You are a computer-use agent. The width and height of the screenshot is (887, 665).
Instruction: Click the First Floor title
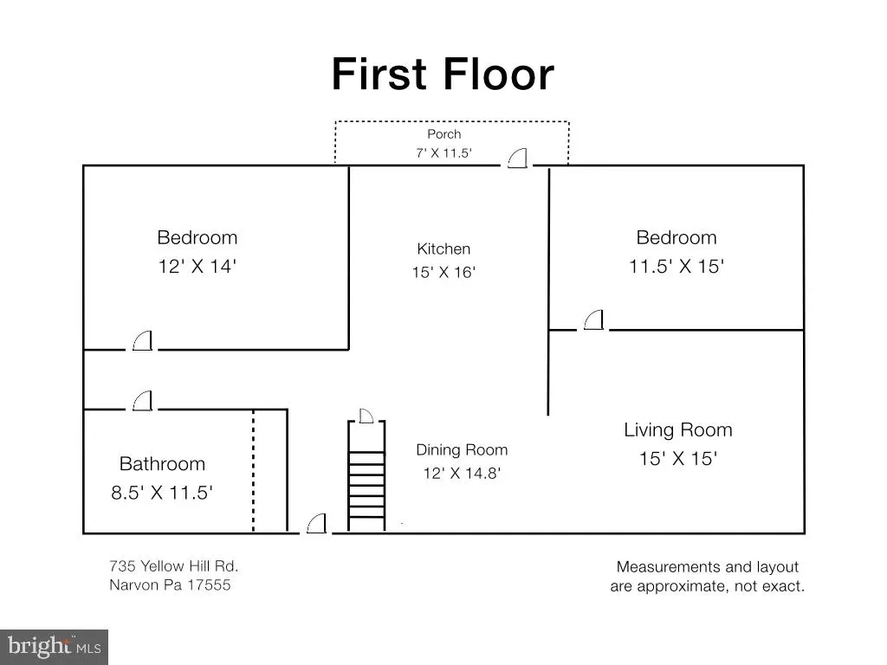[443, 74]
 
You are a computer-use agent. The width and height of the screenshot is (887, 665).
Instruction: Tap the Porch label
[444, 134]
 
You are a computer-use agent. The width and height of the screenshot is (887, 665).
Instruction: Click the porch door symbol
[517, 158]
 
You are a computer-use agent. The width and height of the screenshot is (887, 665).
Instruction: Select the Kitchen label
[443, 249]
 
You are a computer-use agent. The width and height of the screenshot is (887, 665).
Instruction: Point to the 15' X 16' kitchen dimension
[443, 273]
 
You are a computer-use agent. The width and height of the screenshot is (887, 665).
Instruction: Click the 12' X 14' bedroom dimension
[197, 267]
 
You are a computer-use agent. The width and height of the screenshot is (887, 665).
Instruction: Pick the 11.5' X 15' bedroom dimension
[677, 267]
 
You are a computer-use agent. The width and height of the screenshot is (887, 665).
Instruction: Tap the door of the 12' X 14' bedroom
[143, 341]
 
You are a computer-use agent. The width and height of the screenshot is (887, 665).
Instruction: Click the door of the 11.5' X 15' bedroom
[593, 320]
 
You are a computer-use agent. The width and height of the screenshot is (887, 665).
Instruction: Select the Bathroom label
[162, 464]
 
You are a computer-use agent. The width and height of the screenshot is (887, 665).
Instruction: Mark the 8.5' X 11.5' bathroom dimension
[162, 493]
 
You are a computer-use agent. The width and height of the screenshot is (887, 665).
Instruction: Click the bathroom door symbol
[143, 400]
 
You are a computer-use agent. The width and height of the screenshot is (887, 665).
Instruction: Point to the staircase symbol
[366, 475]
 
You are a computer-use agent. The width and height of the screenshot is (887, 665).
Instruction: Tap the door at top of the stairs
[366, 416]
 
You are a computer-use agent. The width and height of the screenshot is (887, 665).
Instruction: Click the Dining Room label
[462, 450]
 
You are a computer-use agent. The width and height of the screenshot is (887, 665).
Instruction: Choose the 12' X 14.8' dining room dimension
[462, 474]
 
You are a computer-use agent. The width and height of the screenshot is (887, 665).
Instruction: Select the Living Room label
[678, 429]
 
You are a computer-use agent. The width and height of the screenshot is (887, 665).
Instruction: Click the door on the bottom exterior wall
[317, 524]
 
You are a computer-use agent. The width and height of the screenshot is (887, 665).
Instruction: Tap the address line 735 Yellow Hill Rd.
[173, 566]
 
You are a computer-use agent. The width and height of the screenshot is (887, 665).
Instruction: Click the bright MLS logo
[54, 647]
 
